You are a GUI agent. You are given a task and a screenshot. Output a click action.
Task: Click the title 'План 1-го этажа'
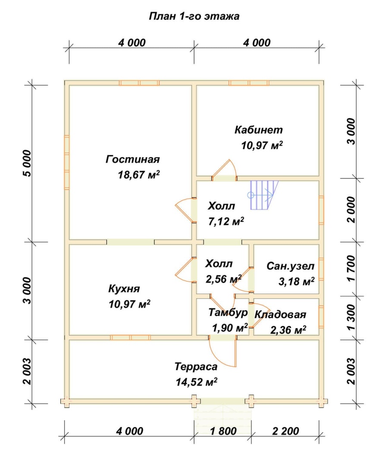pyautogui.click(x=194, y=16)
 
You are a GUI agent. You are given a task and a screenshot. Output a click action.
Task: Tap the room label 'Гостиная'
pyautogui.click(x=133, y=159)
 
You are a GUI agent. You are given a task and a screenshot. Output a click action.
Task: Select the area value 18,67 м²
pyautogui.click(x=139, y=174)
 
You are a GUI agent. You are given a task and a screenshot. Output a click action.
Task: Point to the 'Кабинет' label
pyautogui.click(x=259, y=130)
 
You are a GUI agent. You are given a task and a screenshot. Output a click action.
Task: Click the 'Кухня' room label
pyautogui.click(x=124, y=289)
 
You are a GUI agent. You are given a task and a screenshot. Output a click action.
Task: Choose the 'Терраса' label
pyautogui.click(x=196, y=367)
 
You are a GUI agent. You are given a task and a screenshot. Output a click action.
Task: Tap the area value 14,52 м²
pyautogui.click(x=197, y=382)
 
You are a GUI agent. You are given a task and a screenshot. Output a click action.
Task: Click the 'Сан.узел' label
pyautogui.click(x=290, y=266)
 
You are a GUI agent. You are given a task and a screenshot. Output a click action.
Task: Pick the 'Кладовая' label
pyautogui.click(x=280, y=315)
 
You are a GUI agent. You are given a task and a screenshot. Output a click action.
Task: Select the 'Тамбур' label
pyautogui.click(x=228, y=313)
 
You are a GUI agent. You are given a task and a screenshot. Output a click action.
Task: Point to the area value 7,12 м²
pyautogui.click(x=226, y=221)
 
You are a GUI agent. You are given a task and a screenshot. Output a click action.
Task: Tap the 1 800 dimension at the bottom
pyautogui.click(x=223, y=431)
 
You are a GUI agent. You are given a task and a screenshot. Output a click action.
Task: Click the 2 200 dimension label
pyautogui.click(x=285, y=431)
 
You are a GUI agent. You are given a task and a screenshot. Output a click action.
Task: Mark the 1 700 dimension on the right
pyautogui.click(x=351, y=268)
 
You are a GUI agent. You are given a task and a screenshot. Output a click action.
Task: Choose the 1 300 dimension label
pyautogui.click(x=351, y=317)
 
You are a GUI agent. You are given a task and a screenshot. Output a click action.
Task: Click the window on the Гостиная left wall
pyautogui.click(x=67, y=162)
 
